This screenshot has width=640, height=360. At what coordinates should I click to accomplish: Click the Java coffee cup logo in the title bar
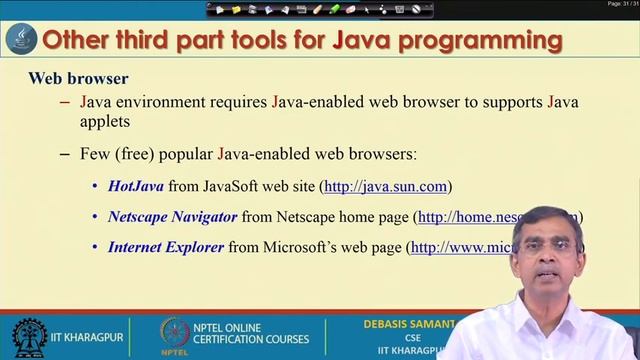tap(21, 41)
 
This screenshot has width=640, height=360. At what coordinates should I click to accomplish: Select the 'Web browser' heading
tap(78, 78)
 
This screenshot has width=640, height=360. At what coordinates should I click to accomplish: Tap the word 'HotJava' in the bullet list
tap(135, 186)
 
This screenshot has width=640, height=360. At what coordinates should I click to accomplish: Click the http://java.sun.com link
tap(386, 186)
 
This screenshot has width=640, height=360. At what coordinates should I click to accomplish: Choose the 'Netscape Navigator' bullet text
tap(172, 216)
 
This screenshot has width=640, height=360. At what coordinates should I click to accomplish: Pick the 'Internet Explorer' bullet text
tap(165, 246)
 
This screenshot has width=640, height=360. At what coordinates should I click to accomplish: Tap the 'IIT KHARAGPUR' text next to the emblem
tap(89, 338)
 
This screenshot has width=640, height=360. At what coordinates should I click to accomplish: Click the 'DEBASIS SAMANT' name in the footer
tap(409, 325)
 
